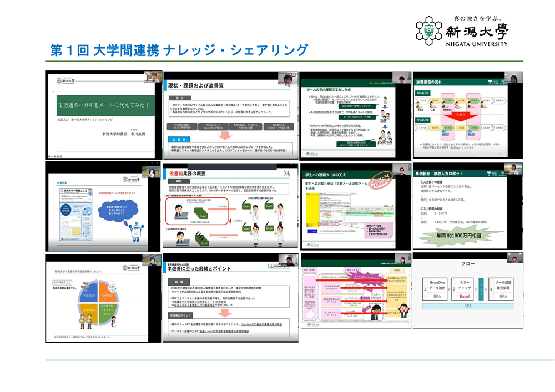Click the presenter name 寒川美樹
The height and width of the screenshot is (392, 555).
pos(135,134)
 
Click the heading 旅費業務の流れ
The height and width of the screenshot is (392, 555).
pos(434,82)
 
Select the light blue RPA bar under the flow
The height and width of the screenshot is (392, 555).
pos(467,306)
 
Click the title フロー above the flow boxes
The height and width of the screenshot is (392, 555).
pos(467,264)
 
